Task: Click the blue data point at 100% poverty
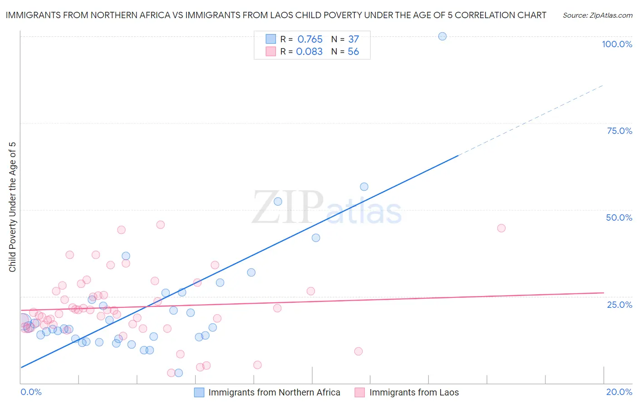(x=442, y=36)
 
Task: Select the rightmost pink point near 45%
(x=501, y=228)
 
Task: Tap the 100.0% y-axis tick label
(x=617, y=44)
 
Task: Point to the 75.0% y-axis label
(x=619, y=131)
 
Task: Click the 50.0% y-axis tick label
(x=619, y=217)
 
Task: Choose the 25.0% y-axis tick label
(x=619, y=305)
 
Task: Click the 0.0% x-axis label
(x=31, y=392)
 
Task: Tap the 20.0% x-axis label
(x=619, y=392)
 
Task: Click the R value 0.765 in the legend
(x=310, y=40)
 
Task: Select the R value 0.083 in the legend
(x=309, y=52)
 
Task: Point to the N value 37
(x=353, y=40)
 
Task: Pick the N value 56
(x=353, y=52)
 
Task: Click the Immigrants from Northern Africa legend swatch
(x=199, y=392)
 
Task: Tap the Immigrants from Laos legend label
(x=414, y=392)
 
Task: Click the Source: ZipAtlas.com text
(x=597, y=15)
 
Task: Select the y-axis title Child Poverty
(x=12, y=207)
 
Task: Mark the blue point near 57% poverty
(x=364, y=187)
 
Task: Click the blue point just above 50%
(x=278, y=202)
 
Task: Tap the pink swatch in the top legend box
(x=271, y=51)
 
